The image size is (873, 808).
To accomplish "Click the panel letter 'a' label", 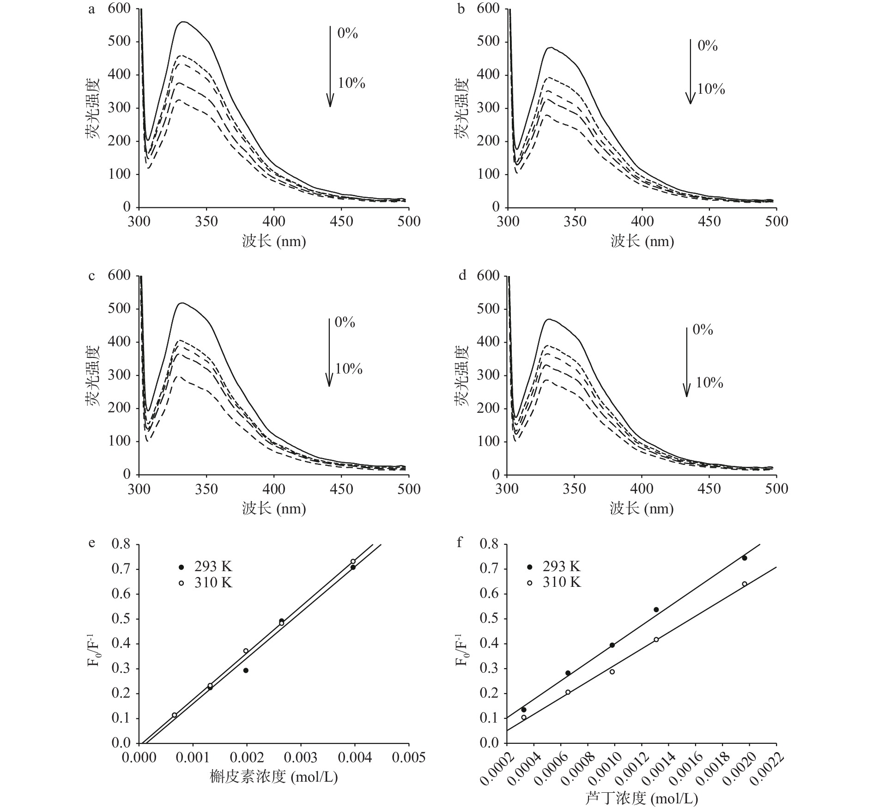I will pos(91,9).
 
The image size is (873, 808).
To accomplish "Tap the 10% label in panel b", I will pos(711,89).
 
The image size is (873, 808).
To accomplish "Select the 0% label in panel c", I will pos(345,322).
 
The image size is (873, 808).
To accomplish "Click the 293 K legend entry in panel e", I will pos(206,567).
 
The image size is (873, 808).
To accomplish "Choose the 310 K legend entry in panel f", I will pos(554,583).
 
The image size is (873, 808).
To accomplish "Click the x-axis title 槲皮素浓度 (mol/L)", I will pos(273,777).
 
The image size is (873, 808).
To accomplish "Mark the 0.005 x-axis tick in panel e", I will pos(409,757).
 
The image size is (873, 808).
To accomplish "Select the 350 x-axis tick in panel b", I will pos(575,222).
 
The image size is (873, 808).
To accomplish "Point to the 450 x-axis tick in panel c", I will pos(341,489).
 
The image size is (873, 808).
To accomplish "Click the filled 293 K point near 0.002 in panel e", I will pos(246,670).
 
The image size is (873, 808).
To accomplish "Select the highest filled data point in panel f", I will pos(744,558).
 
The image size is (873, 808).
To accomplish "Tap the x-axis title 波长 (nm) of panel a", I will pos(273,241).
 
